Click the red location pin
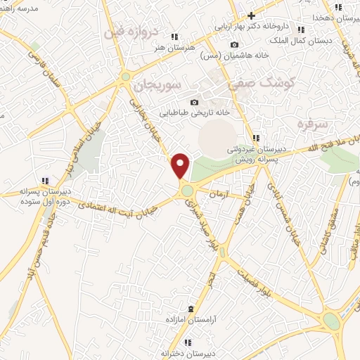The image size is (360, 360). (x=181, y=165)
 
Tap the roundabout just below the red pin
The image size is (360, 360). (x=187, y=190)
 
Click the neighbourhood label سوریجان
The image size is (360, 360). (x=161, y=85)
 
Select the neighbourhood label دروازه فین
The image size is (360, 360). (x=141, y=33)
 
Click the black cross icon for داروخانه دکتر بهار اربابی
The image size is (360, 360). (x=251, y=15)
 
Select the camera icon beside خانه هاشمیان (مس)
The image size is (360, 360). (x=234, y=45)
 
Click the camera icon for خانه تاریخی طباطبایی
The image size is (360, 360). (x=195, y=103)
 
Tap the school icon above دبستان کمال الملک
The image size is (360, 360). (x=302, y=30)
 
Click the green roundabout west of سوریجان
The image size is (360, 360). (x=126, y=77)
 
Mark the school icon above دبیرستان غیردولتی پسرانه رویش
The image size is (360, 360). (x=256, y=137)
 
